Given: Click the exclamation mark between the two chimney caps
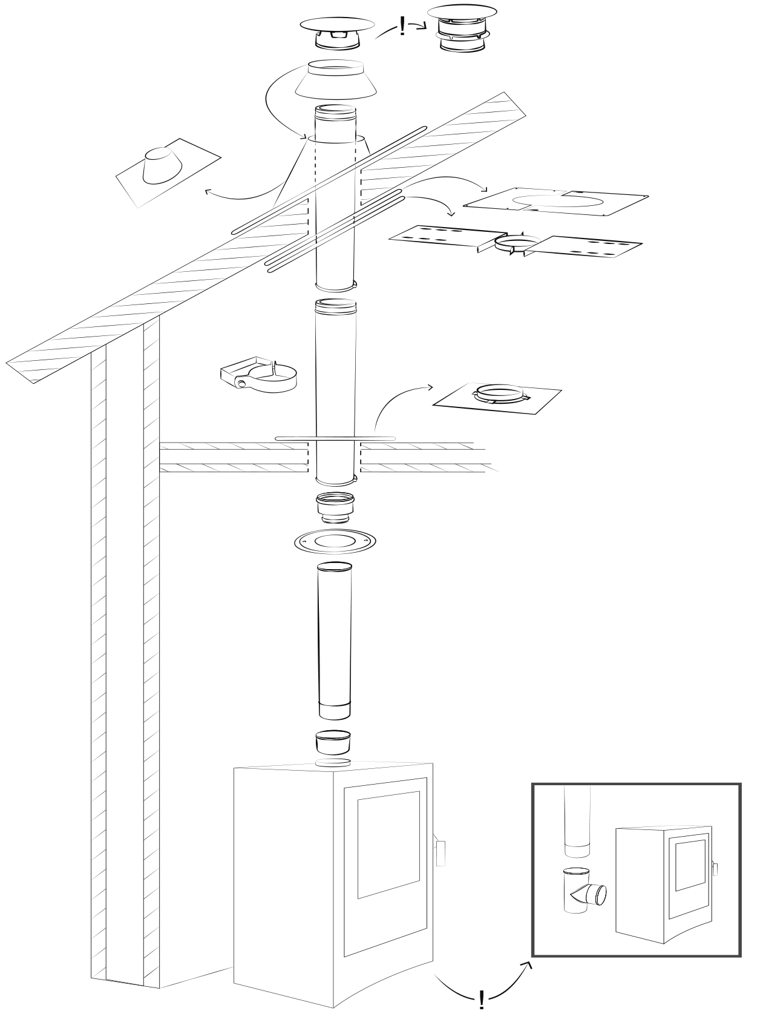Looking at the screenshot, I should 402,27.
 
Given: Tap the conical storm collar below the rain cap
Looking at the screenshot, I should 336,80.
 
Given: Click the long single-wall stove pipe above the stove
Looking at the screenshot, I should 335,639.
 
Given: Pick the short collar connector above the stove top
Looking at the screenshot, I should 333,742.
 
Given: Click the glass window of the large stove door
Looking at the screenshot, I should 388,845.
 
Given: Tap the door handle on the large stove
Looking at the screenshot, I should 441,852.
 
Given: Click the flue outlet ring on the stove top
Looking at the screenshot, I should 333,762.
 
